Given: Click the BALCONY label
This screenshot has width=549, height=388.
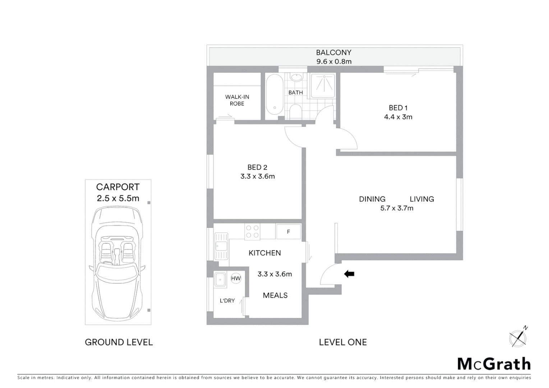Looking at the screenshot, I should click(x=333, y=52).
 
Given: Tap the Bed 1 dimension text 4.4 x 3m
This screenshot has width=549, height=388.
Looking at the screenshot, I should click(x=398, y=117).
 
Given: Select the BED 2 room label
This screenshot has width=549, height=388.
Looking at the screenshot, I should click(x=257, y=167).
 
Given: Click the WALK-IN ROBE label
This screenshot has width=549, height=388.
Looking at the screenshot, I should click(x=237, y=100).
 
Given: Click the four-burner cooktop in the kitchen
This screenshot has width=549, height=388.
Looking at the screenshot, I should click(x=252, y=232).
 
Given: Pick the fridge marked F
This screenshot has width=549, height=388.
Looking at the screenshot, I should click(x=289, y=232).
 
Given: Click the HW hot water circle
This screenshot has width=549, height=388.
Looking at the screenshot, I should click(x=236, y=278).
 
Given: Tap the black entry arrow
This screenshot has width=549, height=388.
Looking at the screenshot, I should click(x=349, y=274).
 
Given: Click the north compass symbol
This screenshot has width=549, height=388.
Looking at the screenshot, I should click(x=518, y=338).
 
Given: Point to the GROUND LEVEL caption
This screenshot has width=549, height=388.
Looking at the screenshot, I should click(x=119, y=342).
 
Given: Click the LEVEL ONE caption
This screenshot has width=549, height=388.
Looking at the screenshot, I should click(x=343, y=342).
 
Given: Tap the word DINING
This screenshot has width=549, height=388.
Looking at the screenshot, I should click(x=372, y=199).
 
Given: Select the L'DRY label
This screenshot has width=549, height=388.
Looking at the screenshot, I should click(x=227, y=301).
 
